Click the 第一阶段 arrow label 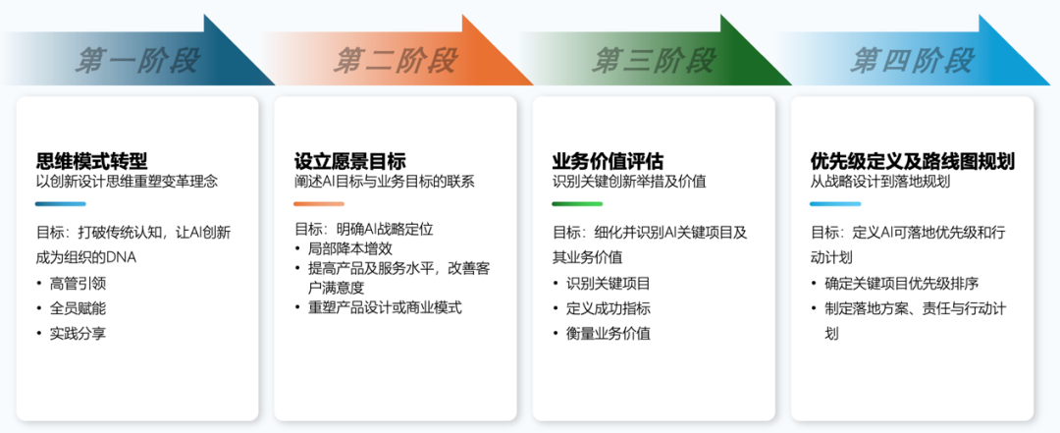point(137,60)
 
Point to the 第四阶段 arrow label point(912,60)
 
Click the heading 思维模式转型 point(91,161)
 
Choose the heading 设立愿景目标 point(349,161)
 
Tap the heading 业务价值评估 point(608,161)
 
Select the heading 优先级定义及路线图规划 point(913,161)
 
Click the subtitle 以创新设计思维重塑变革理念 point(127,182)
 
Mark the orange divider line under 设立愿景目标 point(319,204)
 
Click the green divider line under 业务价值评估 point(577,204)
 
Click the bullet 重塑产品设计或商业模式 point(385,307)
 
